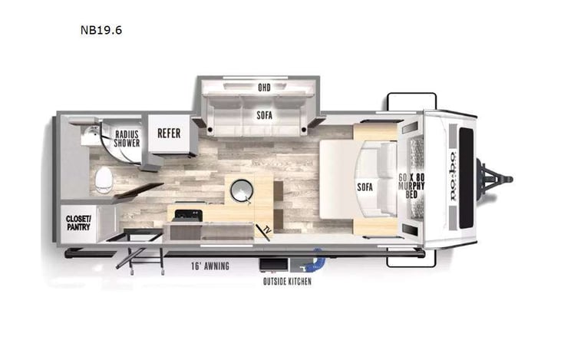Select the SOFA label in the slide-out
265,115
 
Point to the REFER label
169,133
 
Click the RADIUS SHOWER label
127,136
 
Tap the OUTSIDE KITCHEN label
286,281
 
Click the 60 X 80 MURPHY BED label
407,187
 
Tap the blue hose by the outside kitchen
315,263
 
